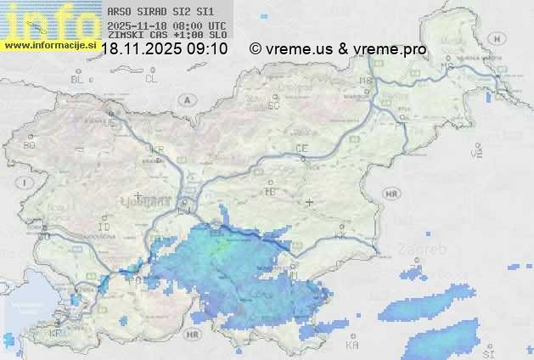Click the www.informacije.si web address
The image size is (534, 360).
(50, 45)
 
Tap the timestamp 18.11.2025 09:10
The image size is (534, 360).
(164, 49)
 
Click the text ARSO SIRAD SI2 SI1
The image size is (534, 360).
(161, 12)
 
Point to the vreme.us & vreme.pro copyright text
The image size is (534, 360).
(338, 49)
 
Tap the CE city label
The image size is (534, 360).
(301, 149)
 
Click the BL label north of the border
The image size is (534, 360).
(78, 79)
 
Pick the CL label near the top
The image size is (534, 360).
(152, 79)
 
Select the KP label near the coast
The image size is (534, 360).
(57, 334)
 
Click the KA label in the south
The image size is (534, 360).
(352, 346)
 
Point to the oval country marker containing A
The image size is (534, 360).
(185, 99)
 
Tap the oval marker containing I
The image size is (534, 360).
(26, 183)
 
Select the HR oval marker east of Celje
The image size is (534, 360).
(391, 194)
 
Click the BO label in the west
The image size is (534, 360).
(30, 145)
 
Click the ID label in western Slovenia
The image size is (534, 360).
(104, 228)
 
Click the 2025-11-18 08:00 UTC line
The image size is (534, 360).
(166, 25)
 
